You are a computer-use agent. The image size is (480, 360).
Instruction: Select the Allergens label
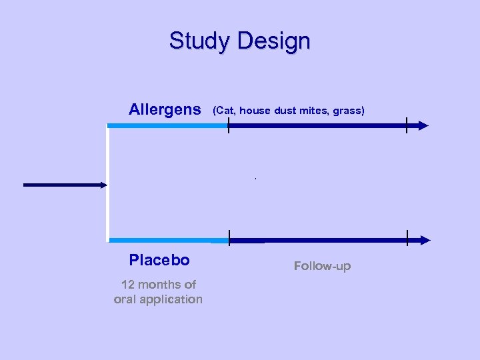[x=164, y=109]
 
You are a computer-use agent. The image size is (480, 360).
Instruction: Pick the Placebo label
[x=159, y=260]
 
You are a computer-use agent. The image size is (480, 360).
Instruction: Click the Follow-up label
[x=322, y=266]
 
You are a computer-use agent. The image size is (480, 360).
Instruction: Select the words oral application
[x=158, y=299]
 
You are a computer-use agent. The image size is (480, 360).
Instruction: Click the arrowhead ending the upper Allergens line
[x=423, y=125]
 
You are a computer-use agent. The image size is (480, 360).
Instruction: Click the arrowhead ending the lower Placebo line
[x=425, y=240]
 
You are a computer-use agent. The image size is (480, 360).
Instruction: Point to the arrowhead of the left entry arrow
[x=103, y=185]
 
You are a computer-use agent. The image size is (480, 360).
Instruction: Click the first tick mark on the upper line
[x=228, y=125]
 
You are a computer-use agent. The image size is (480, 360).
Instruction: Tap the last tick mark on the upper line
[x=406, y=125]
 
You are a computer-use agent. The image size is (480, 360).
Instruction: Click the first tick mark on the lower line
[x=229, y=239]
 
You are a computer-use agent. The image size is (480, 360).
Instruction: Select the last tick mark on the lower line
[x=407, y=239]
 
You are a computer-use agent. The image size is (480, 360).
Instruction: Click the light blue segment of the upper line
[x=167, y=125]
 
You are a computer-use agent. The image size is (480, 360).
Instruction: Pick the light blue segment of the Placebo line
[x=167, y=240]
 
